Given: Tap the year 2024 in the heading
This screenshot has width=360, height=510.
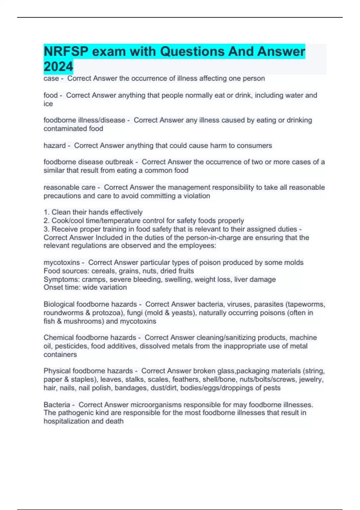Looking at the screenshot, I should pyautogui.click(x=58, y=67).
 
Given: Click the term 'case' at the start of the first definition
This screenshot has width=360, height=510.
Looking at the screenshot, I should pyautogui.click(x=51, y=79).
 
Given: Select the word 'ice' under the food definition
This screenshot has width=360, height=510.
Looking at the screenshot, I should pyautogui.click(x=48, y=104).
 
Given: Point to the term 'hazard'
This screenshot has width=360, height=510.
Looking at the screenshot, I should pyautogui.click(x=55, y=146).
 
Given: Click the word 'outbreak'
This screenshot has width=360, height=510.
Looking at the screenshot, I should pyautogui.click(x=119, y=162).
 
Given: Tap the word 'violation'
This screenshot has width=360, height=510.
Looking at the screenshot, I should pyautogui.click(x=196, y=196).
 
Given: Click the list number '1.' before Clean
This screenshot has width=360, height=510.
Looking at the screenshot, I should pyautogui.click(x=46, y=212).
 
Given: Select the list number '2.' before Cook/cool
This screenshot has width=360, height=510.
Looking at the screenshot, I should pyautogui.click(x=46, y=221).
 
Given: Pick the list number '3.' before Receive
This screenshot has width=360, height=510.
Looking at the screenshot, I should pyautogui.click(x=46, y=229).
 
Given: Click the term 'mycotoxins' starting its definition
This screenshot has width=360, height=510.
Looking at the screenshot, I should pyautogui.click(x=61, y=262).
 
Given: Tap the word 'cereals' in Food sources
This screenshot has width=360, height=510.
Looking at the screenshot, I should pyautogui.click(x=104, y=271).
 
